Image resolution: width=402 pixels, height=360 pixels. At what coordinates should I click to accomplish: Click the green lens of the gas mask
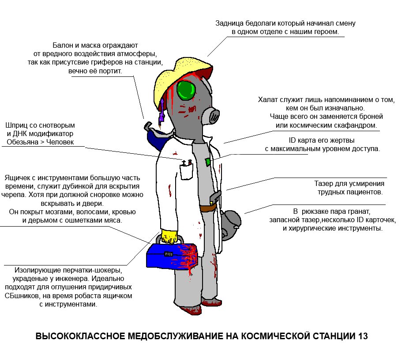186,91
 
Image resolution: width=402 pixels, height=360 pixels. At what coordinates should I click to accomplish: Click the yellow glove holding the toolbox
169,236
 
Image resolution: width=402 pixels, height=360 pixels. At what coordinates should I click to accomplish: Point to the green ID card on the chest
208,162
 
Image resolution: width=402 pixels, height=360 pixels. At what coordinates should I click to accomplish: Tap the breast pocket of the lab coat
186,172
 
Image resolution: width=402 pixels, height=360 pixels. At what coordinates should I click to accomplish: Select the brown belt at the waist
209,208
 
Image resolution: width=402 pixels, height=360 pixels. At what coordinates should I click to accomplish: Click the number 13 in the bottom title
363,336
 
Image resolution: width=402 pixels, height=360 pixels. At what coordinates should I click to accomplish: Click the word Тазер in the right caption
323,183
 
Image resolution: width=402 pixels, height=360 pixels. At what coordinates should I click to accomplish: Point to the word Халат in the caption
268,99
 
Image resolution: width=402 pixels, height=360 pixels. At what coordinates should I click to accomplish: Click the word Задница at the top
229,23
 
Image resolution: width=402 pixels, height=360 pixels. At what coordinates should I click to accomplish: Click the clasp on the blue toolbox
169,254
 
